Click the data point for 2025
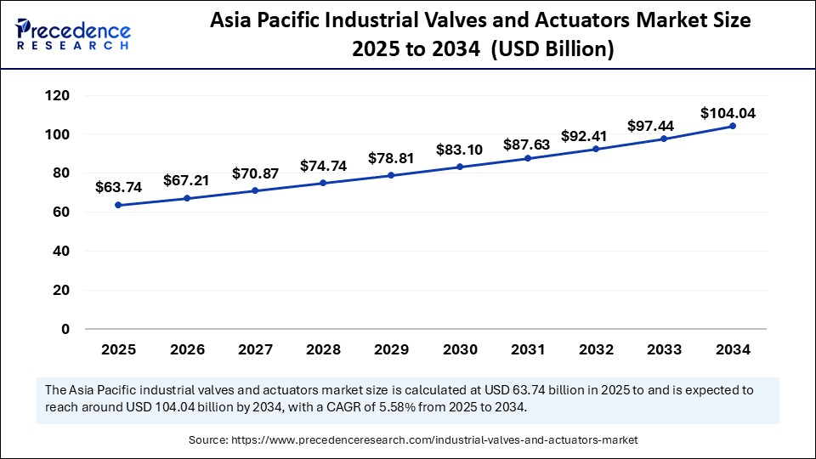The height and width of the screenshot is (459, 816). [118, 205]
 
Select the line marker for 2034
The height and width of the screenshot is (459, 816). [733, 126]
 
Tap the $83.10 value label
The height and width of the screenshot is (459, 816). [460, 150]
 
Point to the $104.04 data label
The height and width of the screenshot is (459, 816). [728, 113]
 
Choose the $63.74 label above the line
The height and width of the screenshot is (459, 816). [118, 187]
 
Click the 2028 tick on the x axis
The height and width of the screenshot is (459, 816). [323, 348]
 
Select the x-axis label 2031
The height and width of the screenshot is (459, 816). [528, 348]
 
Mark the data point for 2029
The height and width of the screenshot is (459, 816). [391, 175]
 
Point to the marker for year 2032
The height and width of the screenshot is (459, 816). [596, 149]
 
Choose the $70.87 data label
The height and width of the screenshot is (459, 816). [255, 173]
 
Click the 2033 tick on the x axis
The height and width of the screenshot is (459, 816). [665, 348]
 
